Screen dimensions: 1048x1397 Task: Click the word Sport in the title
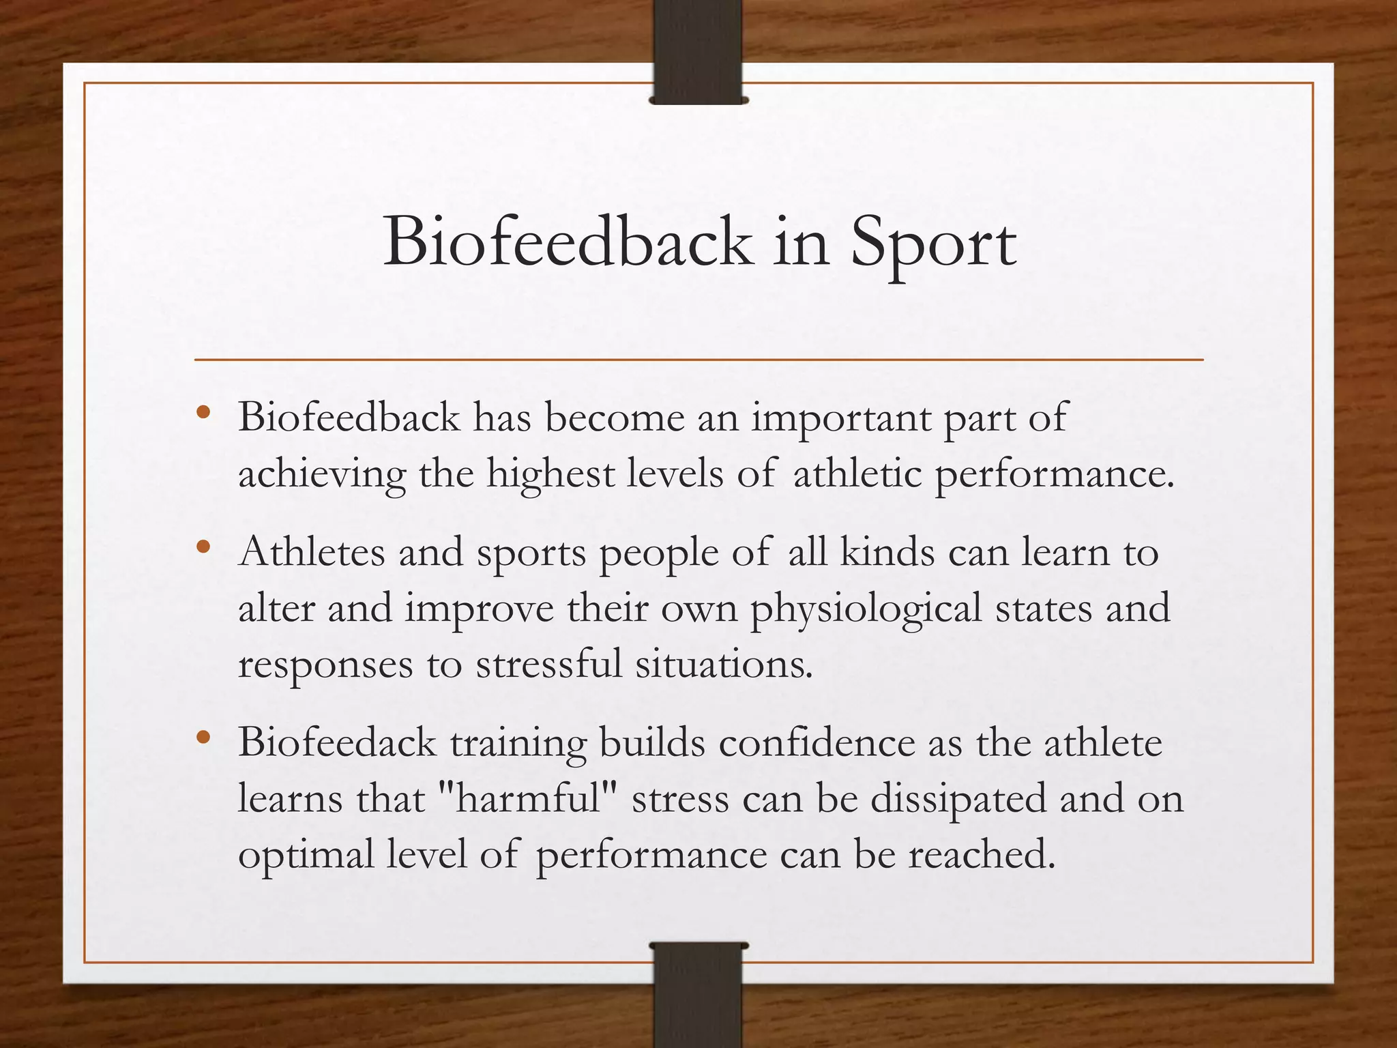tap(932, 243)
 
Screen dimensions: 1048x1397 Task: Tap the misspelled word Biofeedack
tap(337, 742)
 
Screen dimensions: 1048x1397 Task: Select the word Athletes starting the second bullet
tap(312, 551)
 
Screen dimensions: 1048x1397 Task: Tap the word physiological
tap(866, 608)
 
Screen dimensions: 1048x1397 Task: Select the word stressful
tap(549, 664)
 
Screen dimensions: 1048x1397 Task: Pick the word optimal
tap(306, 854)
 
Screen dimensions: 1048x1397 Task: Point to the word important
tap(841, 418)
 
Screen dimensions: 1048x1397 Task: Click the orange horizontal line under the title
tap(698, 359)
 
